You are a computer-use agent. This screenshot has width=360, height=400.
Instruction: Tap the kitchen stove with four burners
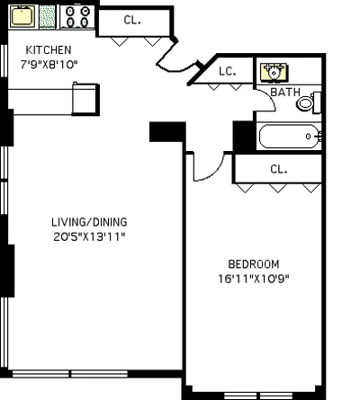pyautogui.click(x=78, y=15)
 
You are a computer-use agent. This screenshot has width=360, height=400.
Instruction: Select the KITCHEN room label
pyautogui.click(x=48, y=49)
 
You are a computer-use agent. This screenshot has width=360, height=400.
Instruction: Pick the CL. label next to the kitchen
pyautogui.click(x=131, y=20)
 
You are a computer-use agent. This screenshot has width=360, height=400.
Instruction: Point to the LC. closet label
pyautogui.click(x=227, y=72)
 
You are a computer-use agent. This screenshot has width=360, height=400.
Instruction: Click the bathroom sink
pyautogui.click(x=272, y=71)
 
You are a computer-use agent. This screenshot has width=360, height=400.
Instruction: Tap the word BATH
pyautogui.click(x=285, y=92)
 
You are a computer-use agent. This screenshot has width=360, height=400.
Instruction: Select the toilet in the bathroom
pyautogui.click(x=307, y=102)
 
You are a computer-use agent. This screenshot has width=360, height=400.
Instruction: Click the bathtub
pyautogui.click(x=288, y=138)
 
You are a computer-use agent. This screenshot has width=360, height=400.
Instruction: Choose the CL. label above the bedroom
pyautogui.click(x=278, y=168)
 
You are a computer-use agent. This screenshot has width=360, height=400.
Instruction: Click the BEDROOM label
pyautogui.click(x=253, y=263)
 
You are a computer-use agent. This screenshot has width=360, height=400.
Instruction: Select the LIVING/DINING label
pyautogui.click(x=88, y=222)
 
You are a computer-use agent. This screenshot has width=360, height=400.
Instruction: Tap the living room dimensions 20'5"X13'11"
pyautogui.click(x=88, y=236)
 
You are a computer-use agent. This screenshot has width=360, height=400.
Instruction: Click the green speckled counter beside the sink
pyautogui.click(x=48, y=15)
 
